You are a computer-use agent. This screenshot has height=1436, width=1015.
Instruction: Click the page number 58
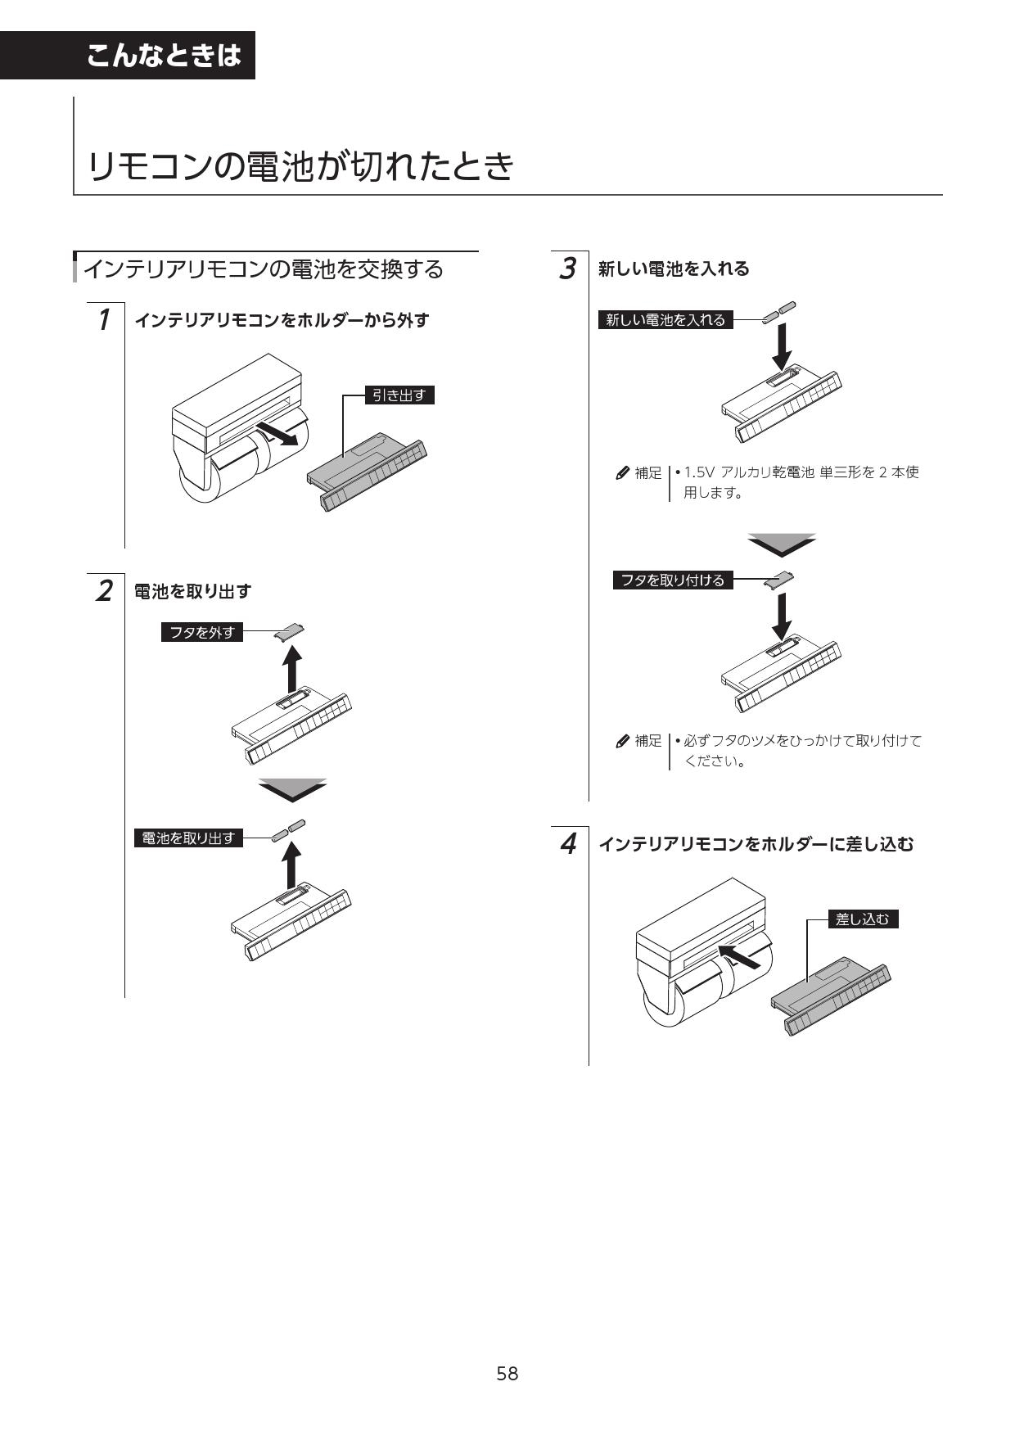click(x=507, y=1373)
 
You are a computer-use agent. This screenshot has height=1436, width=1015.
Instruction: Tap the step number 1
click(x=104, y=319)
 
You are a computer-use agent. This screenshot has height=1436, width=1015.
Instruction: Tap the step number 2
click(x=104, y=590)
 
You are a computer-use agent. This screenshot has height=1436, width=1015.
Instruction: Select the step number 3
click(x=567, y=269)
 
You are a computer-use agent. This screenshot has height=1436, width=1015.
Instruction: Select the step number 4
click(x=567, y=843)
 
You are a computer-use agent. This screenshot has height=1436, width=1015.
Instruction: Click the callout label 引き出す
click(x=399, y=395)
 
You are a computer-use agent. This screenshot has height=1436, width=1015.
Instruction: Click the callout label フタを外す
click(x=202, y=632)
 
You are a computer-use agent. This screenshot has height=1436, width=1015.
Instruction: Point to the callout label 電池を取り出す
click(x=188, y=838)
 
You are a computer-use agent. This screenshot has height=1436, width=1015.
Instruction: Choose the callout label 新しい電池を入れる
click(x=665, y=320)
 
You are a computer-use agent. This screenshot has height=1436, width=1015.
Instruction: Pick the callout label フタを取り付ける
click(x=672, y=580)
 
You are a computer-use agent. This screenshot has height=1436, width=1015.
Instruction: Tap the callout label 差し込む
click(x=862, y=919)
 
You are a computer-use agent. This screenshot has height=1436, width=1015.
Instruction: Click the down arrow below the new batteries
click(x=783, y=347)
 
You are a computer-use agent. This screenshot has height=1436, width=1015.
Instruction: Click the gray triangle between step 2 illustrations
click(x=292, y=788)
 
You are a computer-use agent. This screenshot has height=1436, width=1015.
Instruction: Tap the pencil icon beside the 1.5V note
click(x=622, y=473)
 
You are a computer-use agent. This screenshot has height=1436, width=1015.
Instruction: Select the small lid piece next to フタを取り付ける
click(x=778, y=579)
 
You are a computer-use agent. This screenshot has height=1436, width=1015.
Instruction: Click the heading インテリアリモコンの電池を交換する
click(x=264, y=269)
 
